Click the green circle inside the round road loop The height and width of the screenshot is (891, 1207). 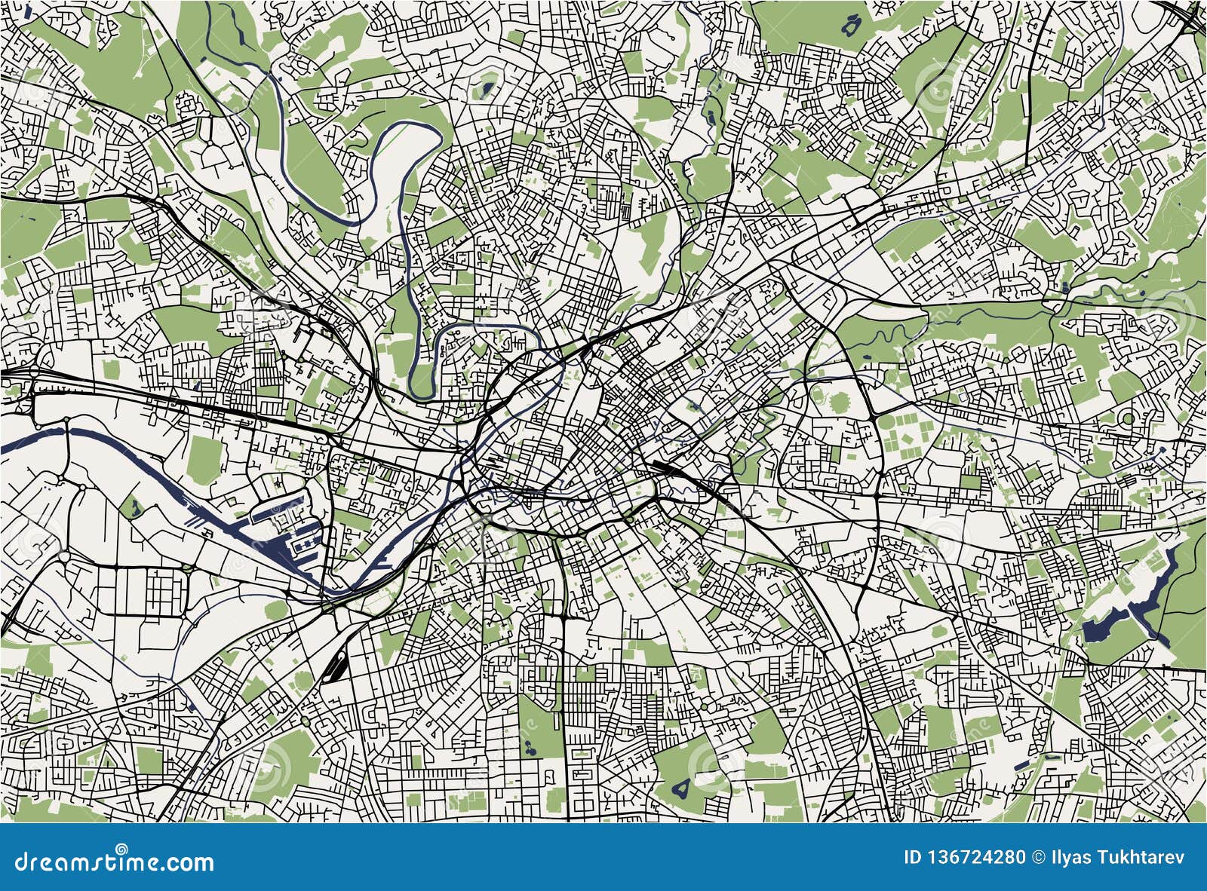[1128, 418]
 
